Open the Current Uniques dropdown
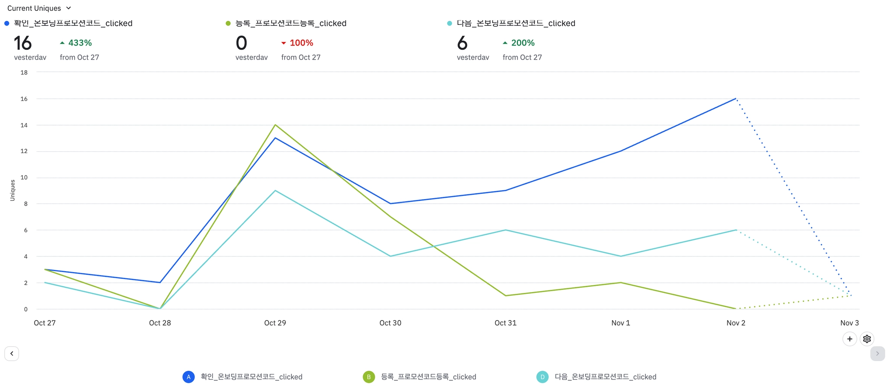(39, 8)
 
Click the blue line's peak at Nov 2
(736, 99)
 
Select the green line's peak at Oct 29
(275, 125)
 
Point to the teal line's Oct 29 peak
(275, 191)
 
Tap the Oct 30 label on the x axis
(390, 323)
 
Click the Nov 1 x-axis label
(621, 323)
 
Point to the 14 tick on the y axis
(24, 125)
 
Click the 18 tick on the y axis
(24, 73)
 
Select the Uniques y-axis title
(13, 190)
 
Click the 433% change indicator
(80, 43)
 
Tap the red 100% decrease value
(301, 43)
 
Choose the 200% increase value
(523, 43)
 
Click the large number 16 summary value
(23, 43)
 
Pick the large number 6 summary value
(462, 43)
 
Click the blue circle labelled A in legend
(188, 377)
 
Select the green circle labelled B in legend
(369, 377)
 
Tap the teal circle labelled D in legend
(542, 377)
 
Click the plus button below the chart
(850, 339)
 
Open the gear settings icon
(867, 339)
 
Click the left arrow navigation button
(12, 354)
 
